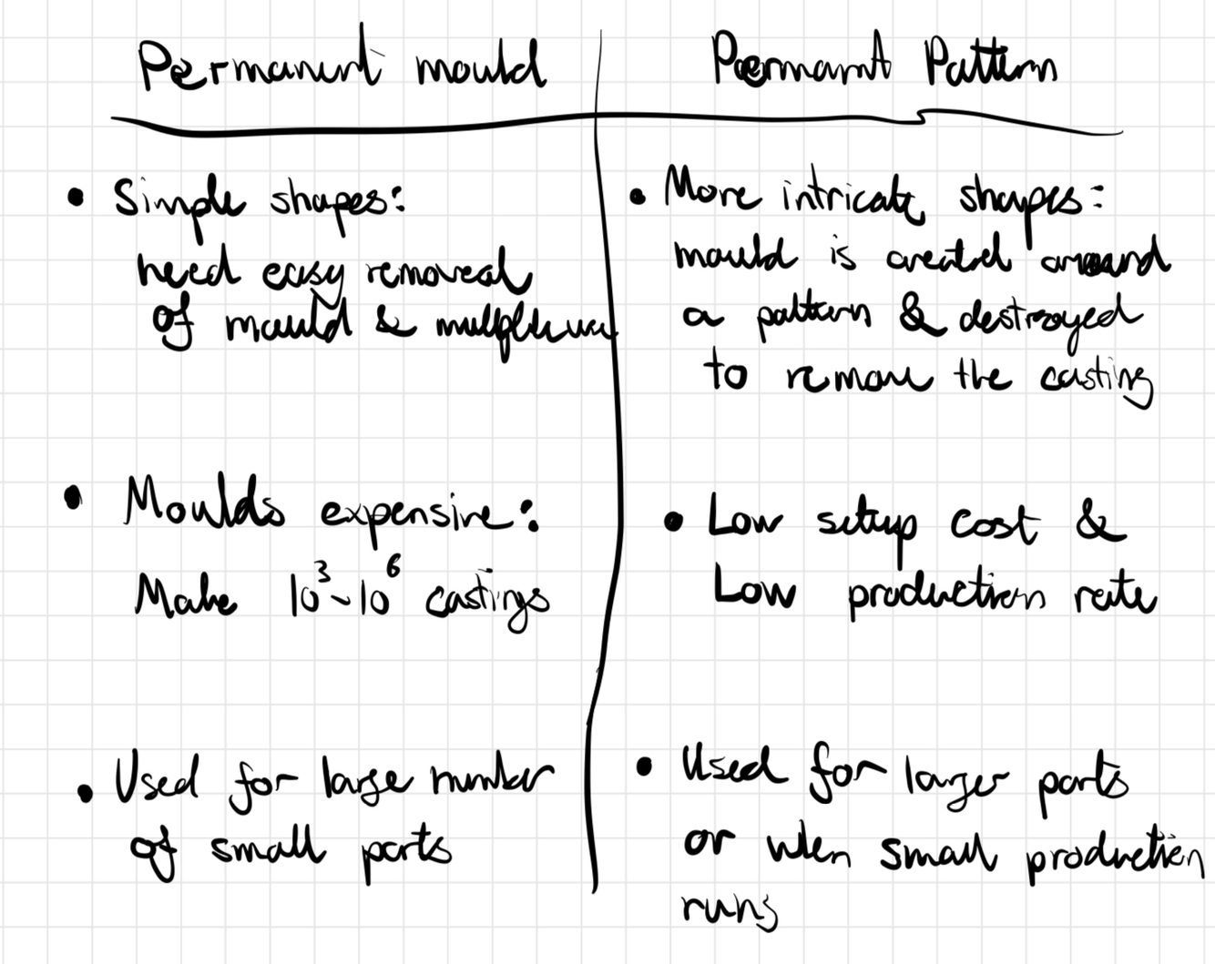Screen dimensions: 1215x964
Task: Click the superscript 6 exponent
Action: (x=393, y=566)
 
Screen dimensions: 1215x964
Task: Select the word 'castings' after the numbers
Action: (x=487, y=604)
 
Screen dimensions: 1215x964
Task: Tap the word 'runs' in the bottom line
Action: (x=729, y=908)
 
